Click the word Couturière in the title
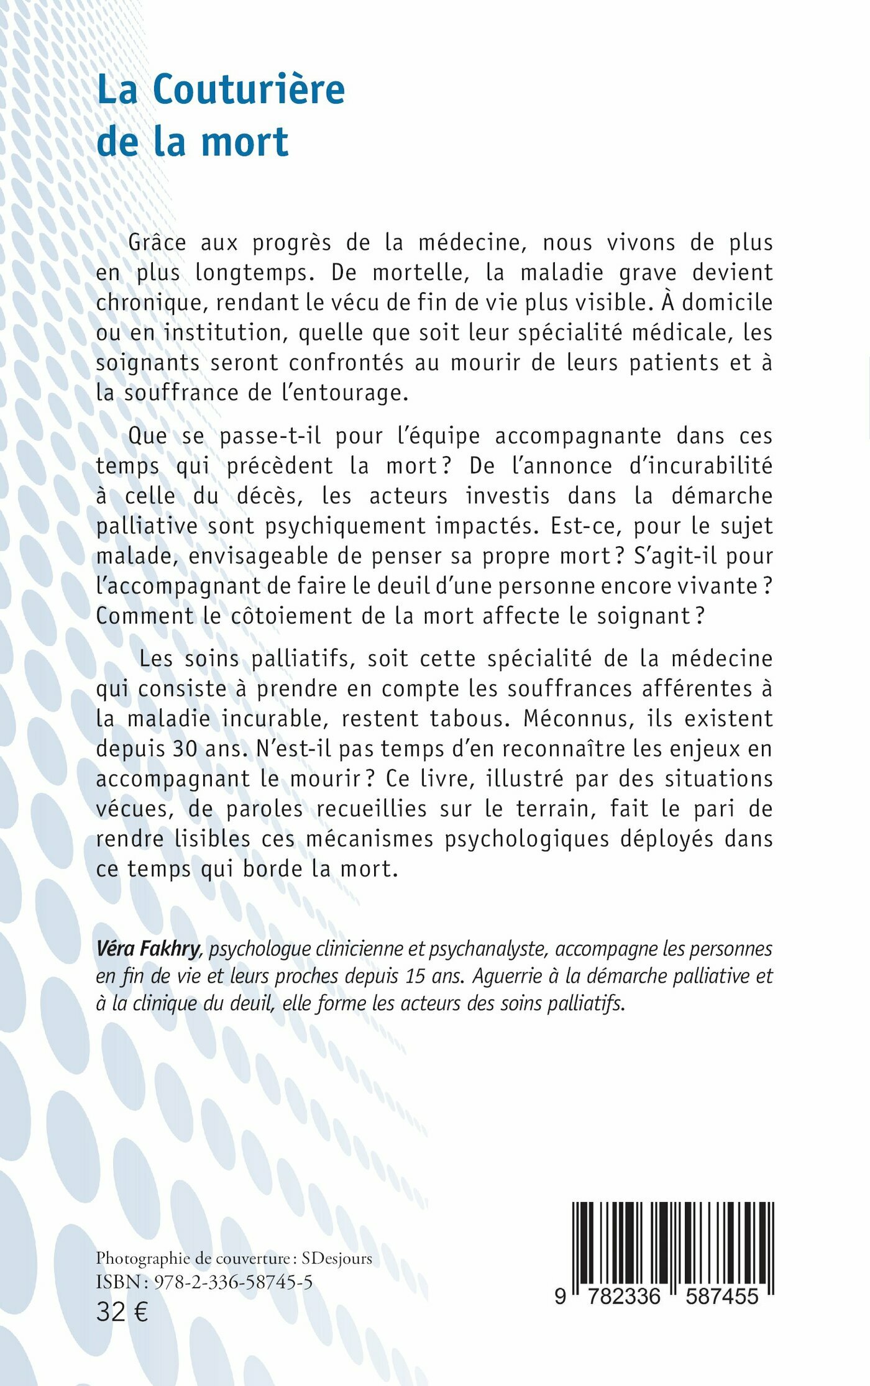click(x=249, y=90)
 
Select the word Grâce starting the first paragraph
click(x=157, y=242)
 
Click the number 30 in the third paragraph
click(x=185, y=749)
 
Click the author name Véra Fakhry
click(x=148, y=949)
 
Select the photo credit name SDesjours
click(x=337, y=1259)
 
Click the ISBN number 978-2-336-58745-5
click(x=233, y=1282)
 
